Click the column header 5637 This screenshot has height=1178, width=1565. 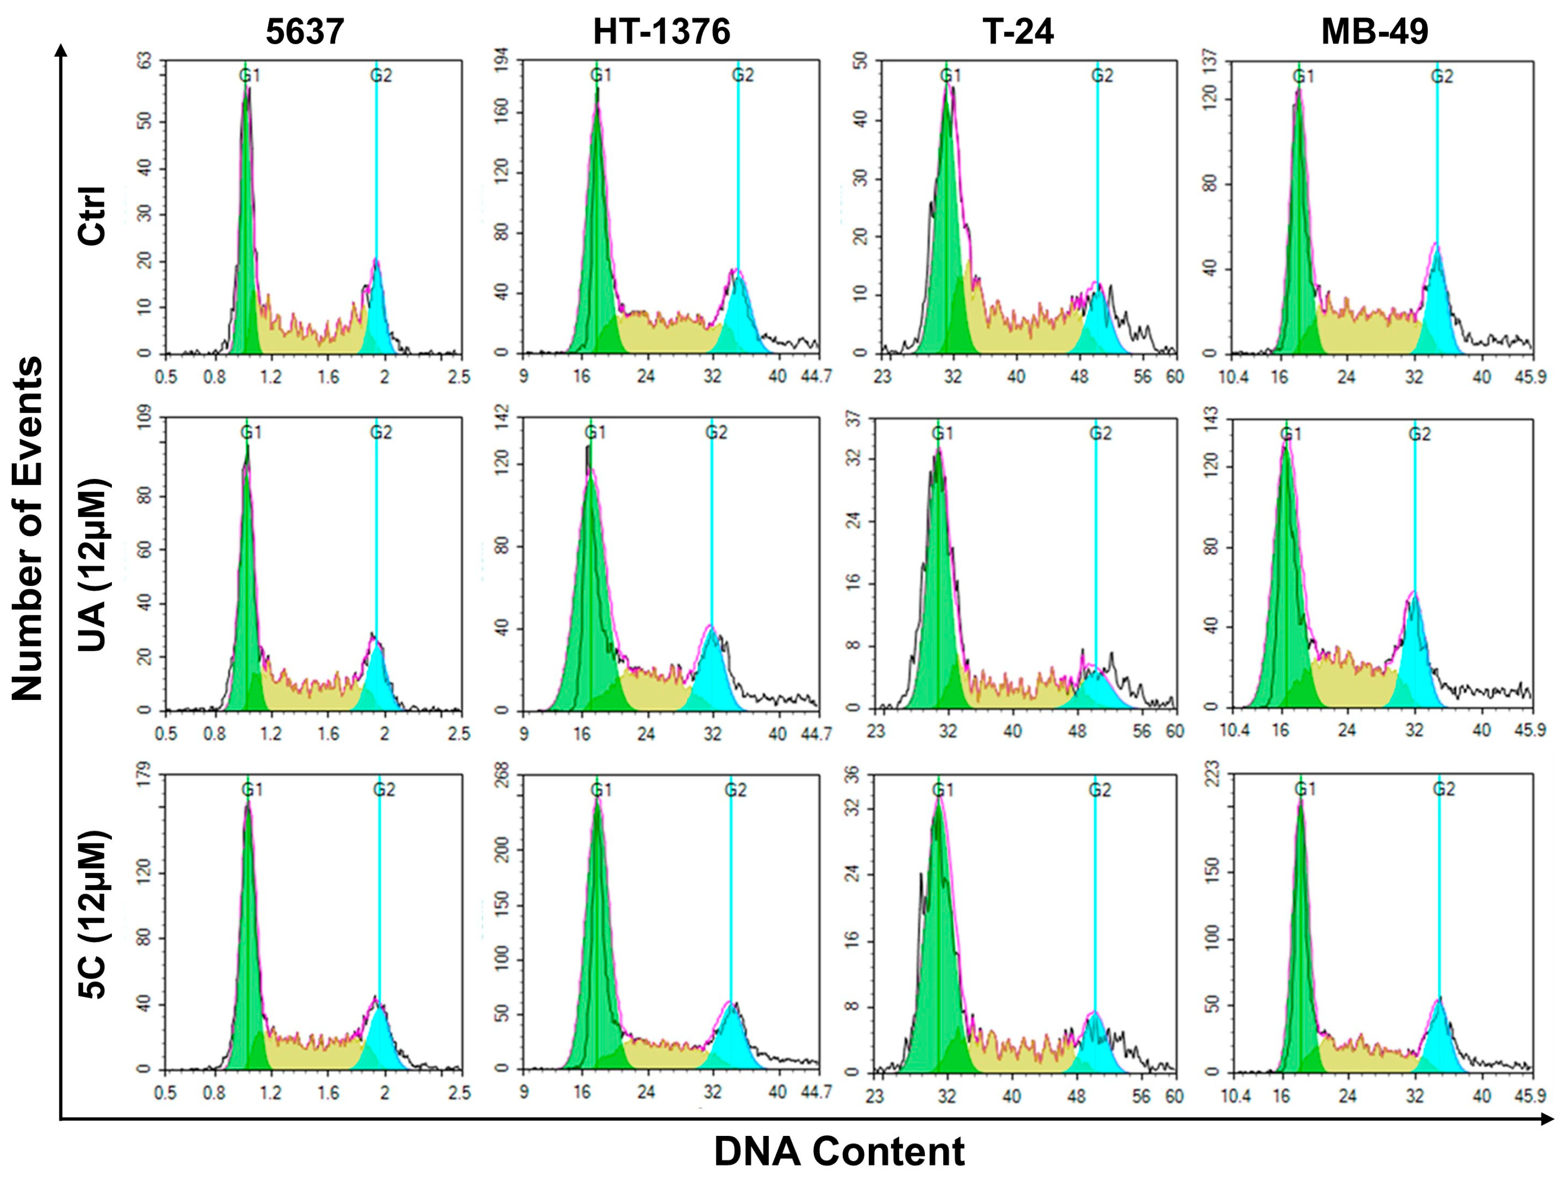point(305,32)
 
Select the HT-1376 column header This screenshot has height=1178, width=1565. point(661,32)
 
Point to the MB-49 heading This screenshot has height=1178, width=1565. point(1375,32)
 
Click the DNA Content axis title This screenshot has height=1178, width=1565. point(839,1152)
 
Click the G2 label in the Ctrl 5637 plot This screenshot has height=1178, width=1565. point(381,76)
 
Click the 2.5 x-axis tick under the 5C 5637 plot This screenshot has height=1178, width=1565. point(459,1093)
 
